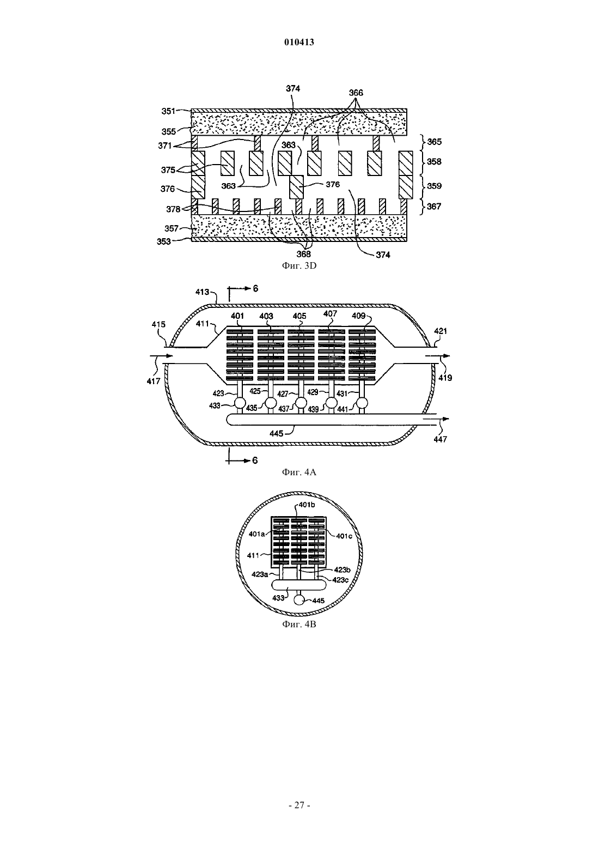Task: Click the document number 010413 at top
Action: [299, 42]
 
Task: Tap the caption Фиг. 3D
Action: [299, 266]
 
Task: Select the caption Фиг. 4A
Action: [299, 472]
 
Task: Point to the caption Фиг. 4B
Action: [299, 624]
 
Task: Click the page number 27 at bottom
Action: [299, 805]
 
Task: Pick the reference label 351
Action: [168, 111]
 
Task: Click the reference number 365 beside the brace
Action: [434, 142]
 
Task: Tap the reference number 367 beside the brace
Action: [434, 207]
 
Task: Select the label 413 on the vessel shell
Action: [203, 292]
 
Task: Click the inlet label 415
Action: [158, 324]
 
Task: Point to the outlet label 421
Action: [441, 331]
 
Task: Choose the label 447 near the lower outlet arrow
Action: [440, 439]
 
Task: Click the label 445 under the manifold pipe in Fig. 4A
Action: [277, 433]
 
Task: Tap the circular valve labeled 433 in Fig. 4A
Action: [240, 403]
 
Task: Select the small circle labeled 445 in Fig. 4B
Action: [299, 600]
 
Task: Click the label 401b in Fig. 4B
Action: [307, 505]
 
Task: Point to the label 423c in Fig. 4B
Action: [340, 579]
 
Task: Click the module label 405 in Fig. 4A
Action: [299, 316]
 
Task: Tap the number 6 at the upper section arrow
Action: [255, 288]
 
